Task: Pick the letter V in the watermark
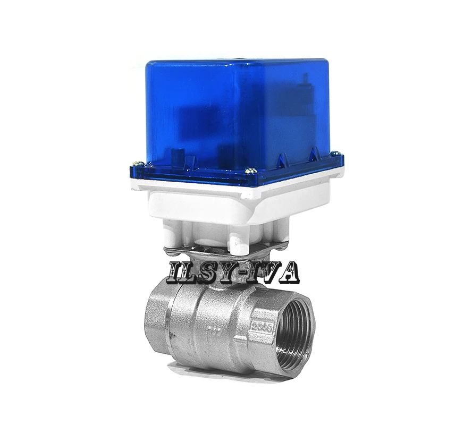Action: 268,273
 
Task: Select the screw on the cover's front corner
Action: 251,171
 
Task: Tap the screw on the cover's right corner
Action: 334,154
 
